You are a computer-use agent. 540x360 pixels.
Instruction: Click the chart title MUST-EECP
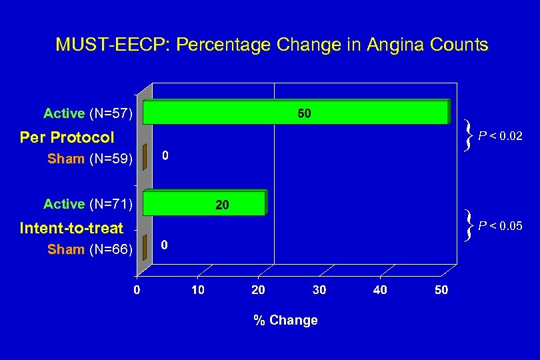pyautogui.click(x=271, y=45)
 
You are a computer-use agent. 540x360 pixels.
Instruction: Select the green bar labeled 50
pyautogui.click(x=297, y=113)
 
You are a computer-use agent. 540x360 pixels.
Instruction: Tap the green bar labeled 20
pyautogui.click(x=205, y=204)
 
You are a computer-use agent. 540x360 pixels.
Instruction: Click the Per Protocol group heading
pyautogui.click(x=67, y=137)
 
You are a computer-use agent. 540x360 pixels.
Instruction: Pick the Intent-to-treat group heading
pyautogui.click(x=71, y=228)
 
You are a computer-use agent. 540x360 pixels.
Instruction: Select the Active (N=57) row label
pyautogui.click(x=89, y=113)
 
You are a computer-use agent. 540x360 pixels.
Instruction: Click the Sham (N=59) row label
pyautogui.click(x=90, y=159)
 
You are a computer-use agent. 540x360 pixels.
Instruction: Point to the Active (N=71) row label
pyautogui.click(x=89, y=203)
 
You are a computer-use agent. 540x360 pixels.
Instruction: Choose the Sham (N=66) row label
pyautogui.click(x=90, y=249)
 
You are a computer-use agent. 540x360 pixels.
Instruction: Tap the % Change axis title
pyautogui.click(x=285, y=320)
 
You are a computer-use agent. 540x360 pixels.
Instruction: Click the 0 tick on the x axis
pyautogui.click(x=136, y=291)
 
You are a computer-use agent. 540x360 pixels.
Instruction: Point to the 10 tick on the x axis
pyautogui.click(x=197, y=291)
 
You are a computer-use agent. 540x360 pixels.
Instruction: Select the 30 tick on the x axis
pyautogui.click(x=319, y=291)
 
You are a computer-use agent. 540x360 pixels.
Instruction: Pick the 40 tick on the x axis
pyautogui.click(x=380, y=291)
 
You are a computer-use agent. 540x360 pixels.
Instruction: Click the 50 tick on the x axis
pyautogui.click(x=441, y=291)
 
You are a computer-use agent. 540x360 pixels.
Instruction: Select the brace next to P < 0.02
pyautogui.click(x=471, y=136)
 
